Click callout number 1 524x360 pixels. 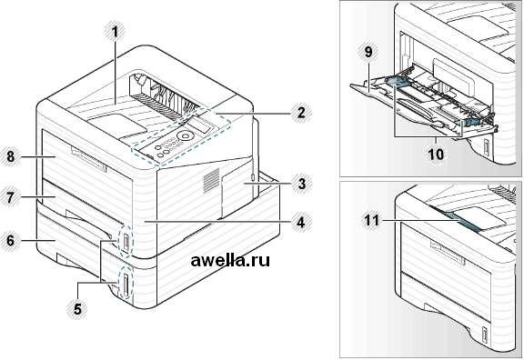(115, 33)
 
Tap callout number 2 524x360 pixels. (301, 113)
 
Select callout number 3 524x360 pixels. (302, 184)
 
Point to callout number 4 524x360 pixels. (302, 222)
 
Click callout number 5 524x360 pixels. (77, 308)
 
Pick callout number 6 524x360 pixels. (11, 240)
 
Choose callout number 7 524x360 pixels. (11, 197)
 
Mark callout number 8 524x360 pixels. (11, 156)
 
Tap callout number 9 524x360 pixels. (368, 52)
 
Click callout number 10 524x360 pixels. (437, 154)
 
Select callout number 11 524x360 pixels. (372, 220)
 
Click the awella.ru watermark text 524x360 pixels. (230, 260)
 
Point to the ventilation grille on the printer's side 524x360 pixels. (212, 181)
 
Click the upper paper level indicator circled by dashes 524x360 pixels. (126, 241)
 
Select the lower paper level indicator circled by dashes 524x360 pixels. (126, 285)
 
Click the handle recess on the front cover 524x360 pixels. (88, 160)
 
